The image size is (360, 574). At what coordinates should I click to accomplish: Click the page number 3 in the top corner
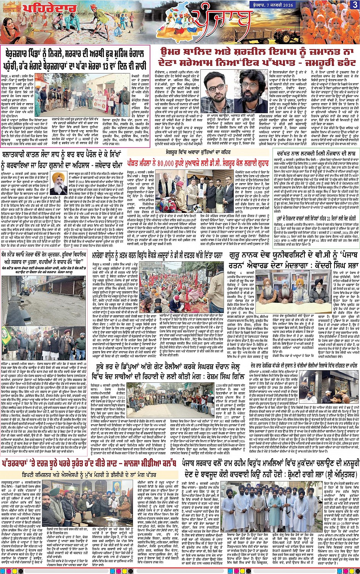point(355,5)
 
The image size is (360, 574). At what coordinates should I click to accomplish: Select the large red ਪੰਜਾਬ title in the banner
point(221,21)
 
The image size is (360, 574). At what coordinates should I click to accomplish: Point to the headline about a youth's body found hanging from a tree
point(312,151)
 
